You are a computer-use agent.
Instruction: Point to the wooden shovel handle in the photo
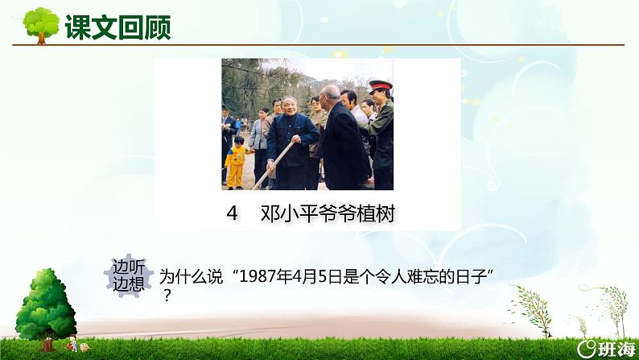click(273, 164)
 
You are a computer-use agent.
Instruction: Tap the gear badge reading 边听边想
click(127, 277)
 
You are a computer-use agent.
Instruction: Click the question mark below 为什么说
click(167, 296)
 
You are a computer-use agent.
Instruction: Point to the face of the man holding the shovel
click(287, 111)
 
